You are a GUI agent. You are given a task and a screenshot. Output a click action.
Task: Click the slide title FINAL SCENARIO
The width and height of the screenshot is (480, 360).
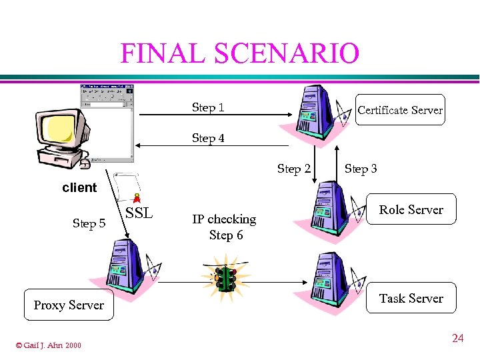click(239, 53)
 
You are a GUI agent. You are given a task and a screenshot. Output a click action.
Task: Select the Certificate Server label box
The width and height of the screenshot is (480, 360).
click(399, 110)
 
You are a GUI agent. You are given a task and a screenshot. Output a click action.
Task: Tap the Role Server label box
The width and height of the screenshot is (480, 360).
click(411, 209)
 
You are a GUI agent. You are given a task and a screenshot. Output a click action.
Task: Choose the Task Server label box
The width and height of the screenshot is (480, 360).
click(411, 298)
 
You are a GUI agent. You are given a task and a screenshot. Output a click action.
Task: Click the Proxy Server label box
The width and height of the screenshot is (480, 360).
click(69, 305)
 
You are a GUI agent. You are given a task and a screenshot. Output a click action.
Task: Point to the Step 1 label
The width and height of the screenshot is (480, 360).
click(208, 107)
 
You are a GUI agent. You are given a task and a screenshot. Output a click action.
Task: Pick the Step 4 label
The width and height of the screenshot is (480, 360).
click(208, 138)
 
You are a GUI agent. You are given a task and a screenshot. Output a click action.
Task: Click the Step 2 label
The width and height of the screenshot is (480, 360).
click(293, 169)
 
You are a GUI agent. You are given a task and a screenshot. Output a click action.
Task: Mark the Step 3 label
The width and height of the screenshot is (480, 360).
click(361, 169)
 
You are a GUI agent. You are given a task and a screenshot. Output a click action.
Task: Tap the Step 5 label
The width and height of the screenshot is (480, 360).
click(89, 223)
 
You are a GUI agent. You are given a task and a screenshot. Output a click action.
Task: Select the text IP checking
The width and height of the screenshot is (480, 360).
click(224, 219)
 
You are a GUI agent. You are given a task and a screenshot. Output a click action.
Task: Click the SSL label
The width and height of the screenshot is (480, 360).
click(139, 213)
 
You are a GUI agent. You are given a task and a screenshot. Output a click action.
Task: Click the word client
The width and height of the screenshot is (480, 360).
click(79, 187)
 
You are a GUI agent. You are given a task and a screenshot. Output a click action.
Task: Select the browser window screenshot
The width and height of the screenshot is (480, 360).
click(107, 123)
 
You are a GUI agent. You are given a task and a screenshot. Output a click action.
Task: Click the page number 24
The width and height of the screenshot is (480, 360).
click(457, 339)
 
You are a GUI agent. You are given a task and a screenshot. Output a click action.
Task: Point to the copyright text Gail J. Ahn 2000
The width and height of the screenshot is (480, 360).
click(49, 345)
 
